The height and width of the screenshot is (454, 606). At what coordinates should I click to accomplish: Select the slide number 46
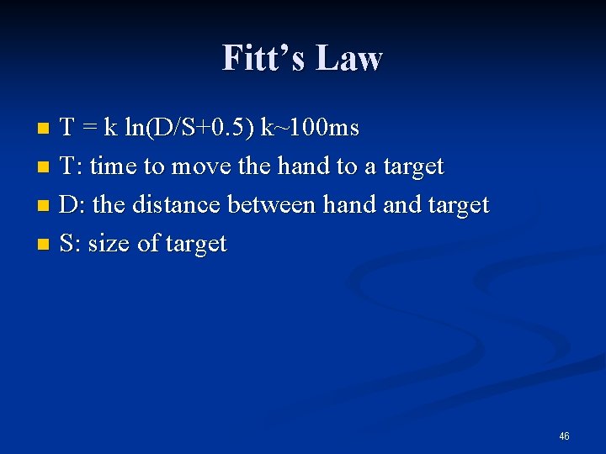pyautogui.click(x=564, y=436)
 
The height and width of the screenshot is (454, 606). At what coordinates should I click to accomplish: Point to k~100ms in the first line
pyautogui.click(x=310, y=128)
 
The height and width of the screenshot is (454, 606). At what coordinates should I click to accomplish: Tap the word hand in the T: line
pyautogui.click(x=302, y=166)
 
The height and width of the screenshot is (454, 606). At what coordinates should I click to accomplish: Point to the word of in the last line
pyautogui.click(x=148, y=244)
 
